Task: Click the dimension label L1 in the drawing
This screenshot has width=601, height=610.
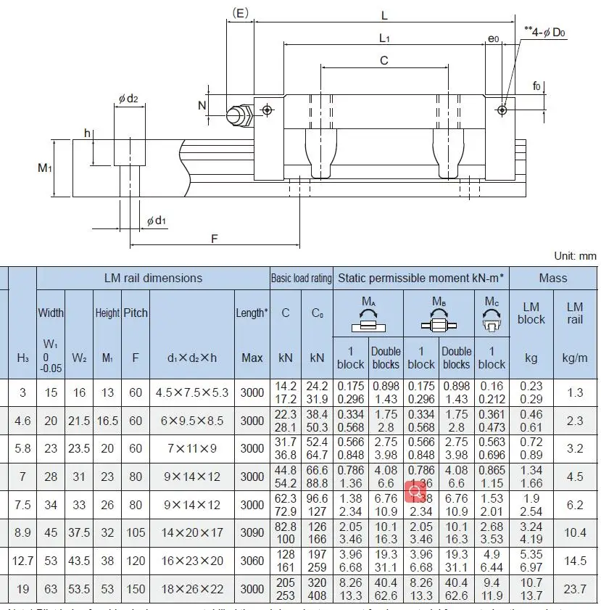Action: (384, 38)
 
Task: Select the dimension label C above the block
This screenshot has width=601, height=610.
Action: (384, 61)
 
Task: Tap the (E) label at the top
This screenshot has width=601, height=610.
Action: (240, 12)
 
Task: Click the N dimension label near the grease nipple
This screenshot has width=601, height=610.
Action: (202, 105)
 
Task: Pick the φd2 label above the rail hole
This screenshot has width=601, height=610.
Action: (128, 99)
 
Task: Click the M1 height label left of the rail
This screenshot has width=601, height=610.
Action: (45, 168)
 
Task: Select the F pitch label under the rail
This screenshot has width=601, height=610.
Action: (215, 238)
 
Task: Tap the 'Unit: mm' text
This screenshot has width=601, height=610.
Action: (575, 255)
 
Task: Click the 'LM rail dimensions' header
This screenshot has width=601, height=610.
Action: (153, 278)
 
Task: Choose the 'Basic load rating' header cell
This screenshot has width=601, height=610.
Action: (302, 278)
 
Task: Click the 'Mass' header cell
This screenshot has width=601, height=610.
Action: (553, 278)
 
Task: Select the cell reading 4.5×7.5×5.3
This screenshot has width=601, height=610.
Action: (192, 392)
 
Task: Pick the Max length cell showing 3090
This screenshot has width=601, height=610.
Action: (252, 532)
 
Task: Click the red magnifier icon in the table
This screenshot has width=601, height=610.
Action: (415, 492)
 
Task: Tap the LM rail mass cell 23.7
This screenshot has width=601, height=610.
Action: (575, 588)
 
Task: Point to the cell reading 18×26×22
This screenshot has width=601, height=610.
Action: (192, 588)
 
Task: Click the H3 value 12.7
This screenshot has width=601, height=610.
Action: (22, 560)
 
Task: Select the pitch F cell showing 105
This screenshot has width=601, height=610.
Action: (135, 532)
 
